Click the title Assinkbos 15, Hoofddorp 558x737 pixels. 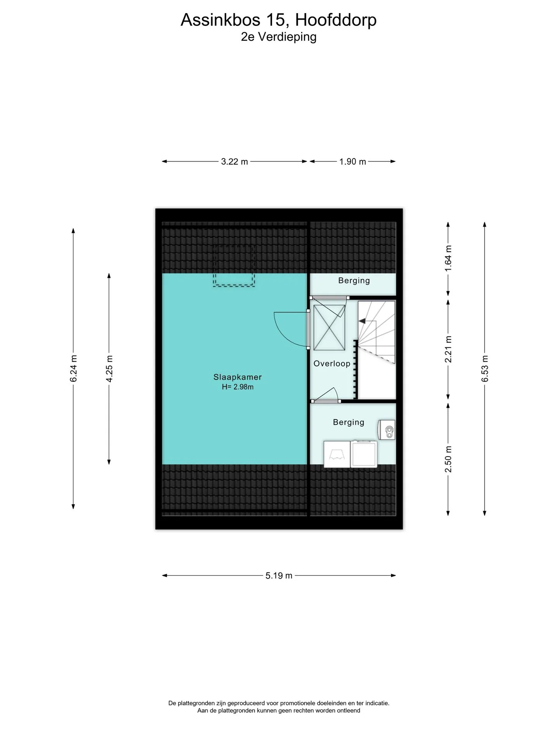pos(279,20)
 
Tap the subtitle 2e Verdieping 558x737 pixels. pos(279,37)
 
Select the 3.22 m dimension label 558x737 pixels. pos(234,161)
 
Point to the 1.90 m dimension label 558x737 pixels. pos(353,161)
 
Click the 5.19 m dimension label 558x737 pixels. pos(279,576)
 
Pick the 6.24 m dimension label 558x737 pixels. pos(74,368)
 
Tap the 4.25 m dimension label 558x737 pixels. pos(109,369)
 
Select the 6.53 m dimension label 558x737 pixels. pos(485,369)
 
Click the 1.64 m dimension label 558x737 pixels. pos(448,259)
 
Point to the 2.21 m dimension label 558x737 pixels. pos(448,349)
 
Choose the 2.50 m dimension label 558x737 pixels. pos(448,459)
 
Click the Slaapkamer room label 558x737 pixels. pos(238,377)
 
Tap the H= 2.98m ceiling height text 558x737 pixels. pos(238,387)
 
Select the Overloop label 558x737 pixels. pos(332,364)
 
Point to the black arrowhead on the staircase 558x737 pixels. pos(362,321)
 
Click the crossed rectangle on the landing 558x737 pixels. pos(329,328)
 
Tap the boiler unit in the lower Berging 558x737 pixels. pos(387,429)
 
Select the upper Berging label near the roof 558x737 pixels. pos(354,280)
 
